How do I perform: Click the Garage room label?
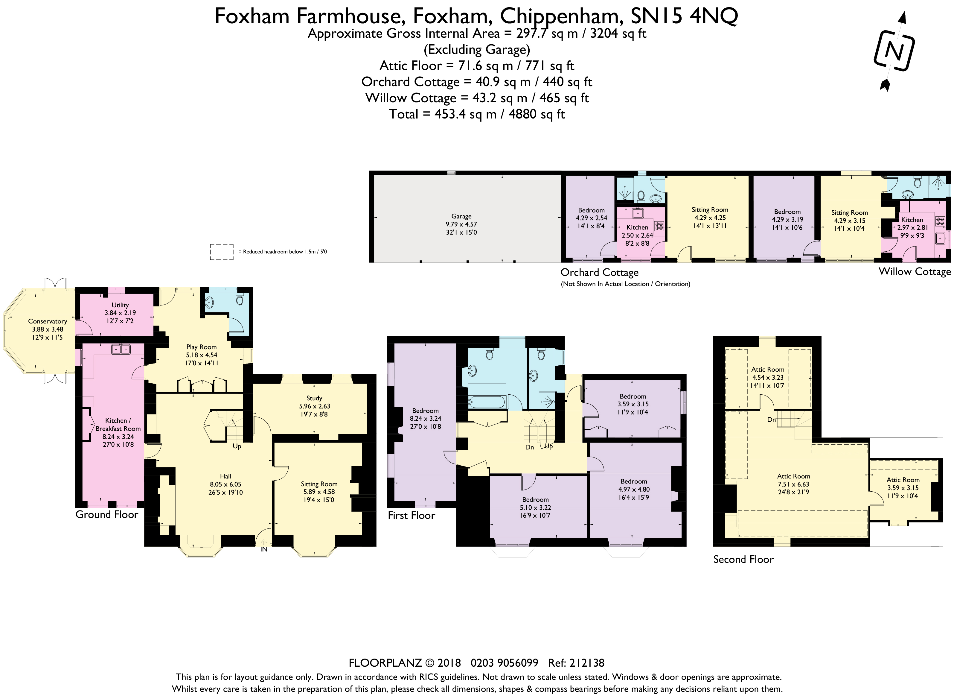[461, 216]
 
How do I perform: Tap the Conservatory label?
[48, 321]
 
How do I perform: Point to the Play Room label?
[201, 347]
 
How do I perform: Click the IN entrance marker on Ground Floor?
[263, 549]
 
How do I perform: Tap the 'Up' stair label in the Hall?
[237, 446]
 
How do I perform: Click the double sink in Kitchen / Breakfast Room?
[121, 349]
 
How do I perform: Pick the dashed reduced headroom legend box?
[222, 252]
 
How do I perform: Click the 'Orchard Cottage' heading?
[600, 273]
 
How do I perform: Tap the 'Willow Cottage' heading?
[915, 271]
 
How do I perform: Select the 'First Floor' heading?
[411, 515]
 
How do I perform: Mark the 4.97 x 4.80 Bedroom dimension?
[634, 489]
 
